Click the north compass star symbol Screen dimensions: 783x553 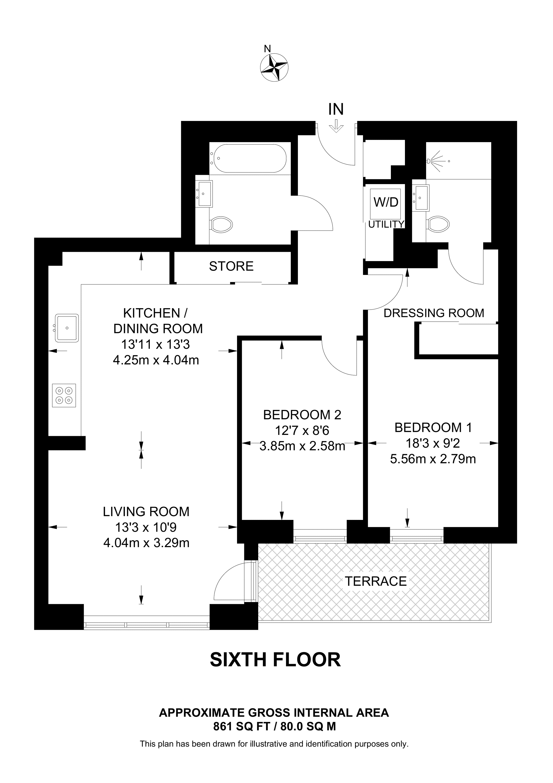tap(274, 67)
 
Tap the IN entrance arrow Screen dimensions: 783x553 tap(336, 126)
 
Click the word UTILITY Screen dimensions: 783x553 tap(386, 224)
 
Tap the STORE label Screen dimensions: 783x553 tap(231, 266)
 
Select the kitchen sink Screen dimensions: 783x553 tap(67, 328)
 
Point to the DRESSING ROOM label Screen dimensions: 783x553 tap(434, 313)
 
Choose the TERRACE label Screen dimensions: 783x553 tap(376, 581)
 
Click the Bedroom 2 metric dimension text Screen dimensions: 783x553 tap(302, 446)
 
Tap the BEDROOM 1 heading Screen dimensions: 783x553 tap(433, 428)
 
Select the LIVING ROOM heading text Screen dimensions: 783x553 tap(146, 512)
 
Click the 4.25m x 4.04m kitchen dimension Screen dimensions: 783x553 tap(156, 360)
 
